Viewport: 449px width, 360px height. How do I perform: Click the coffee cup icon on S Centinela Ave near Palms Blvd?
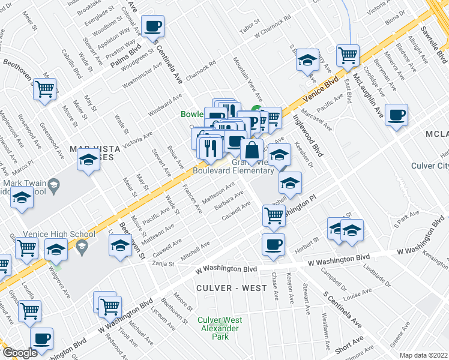click(153, 27)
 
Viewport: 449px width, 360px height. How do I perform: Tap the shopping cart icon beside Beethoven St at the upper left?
click(45, 89)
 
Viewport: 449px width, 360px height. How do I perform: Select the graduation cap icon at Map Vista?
click(88, 160)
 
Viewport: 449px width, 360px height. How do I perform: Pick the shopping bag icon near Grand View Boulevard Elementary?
click(252, 150)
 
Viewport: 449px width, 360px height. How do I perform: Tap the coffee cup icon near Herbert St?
click(273, 244)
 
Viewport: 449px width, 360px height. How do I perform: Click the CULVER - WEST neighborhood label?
click(232, 288)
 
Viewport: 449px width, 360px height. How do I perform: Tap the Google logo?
click(20, 353)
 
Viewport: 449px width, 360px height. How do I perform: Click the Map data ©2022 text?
click(424, 355)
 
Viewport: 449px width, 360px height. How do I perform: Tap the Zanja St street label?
click(163, 263)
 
